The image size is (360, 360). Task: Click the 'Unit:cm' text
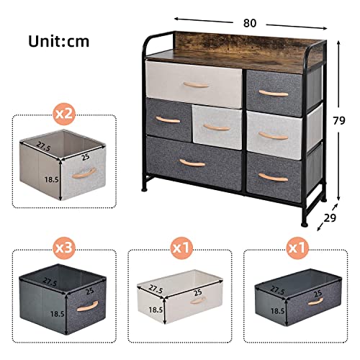pyautogui.click(x=59, y=40)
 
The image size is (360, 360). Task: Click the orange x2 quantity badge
pyautogui.click(x=65, y=114)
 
